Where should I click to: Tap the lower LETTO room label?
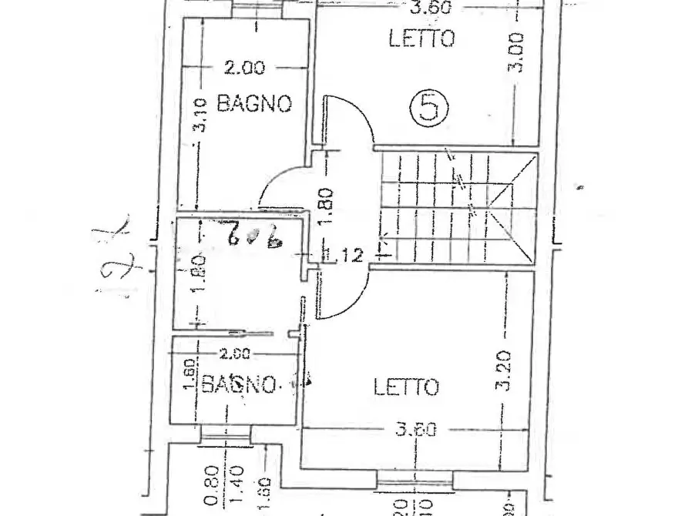pos(406,386)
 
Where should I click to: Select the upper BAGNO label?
pos(253,102)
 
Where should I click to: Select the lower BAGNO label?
pos(238,383)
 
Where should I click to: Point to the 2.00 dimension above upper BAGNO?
pos(244,68)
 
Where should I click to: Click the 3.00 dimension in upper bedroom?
pos(519,52)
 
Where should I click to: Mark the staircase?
pos(455,206)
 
